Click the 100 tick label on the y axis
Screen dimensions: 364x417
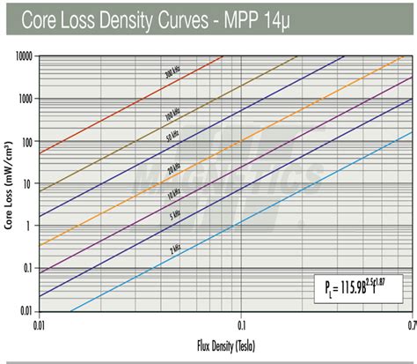pos(26,141)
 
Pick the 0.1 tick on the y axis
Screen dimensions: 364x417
pos(28,268)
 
